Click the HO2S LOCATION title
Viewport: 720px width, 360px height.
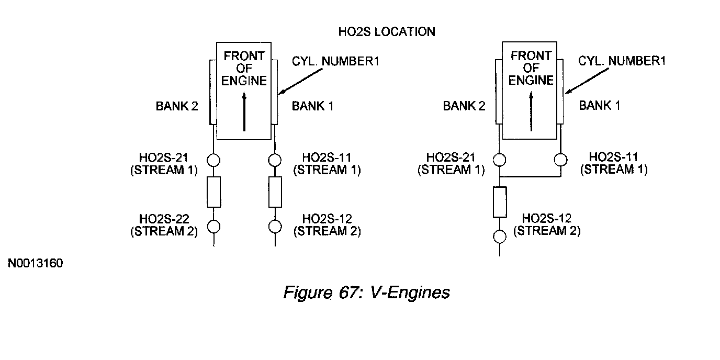click(387, 32)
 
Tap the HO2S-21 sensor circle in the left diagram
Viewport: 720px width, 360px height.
click(213, 160)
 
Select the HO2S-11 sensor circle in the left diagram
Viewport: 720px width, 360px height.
click(275, 160)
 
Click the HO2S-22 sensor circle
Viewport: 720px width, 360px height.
click(213, 227)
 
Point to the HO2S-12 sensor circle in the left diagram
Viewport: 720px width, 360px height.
click(275, 227)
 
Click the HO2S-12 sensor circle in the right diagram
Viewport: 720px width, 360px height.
click(500, 237)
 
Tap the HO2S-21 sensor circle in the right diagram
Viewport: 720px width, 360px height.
click(499, 160)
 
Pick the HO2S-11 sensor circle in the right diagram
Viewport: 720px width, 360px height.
click(561, 160)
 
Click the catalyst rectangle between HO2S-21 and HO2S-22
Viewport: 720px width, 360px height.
click(213, 192)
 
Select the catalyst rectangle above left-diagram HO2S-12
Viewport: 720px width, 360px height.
click(275, 192)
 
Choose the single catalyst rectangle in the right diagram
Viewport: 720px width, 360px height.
click(500, 202)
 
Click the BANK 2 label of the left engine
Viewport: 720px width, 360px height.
click(177, 106)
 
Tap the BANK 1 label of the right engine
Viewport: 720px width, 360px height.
click(600, 105)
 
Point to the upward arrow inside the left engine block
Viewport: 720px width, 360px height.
click(244, 111)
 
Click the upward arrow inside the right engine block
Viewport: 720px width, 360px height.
click(531, 111)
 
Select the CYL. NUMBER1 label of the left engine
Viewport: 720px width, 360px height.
click(335, 61)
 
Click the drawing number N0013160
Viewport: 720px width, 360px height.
click(36, 263)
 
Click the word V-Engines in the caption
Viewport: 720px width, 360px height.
click(410, 292)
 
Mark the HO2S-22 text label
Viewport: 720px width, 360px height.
click(164, 219)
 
